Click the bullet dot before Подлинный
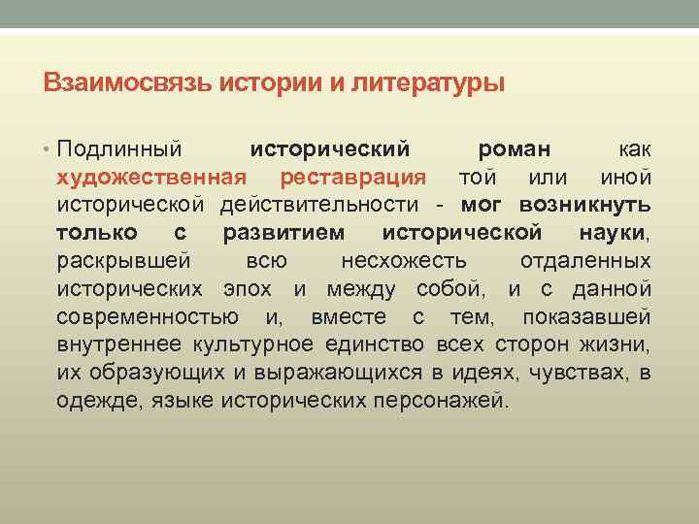pos(49,149)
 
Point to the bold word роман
pos(515,149)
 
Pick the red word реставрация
pos(352,178)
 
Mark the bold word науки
pos(611,233)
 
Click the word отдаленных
pos(585,261)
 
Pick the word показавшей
pos(586,317)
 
